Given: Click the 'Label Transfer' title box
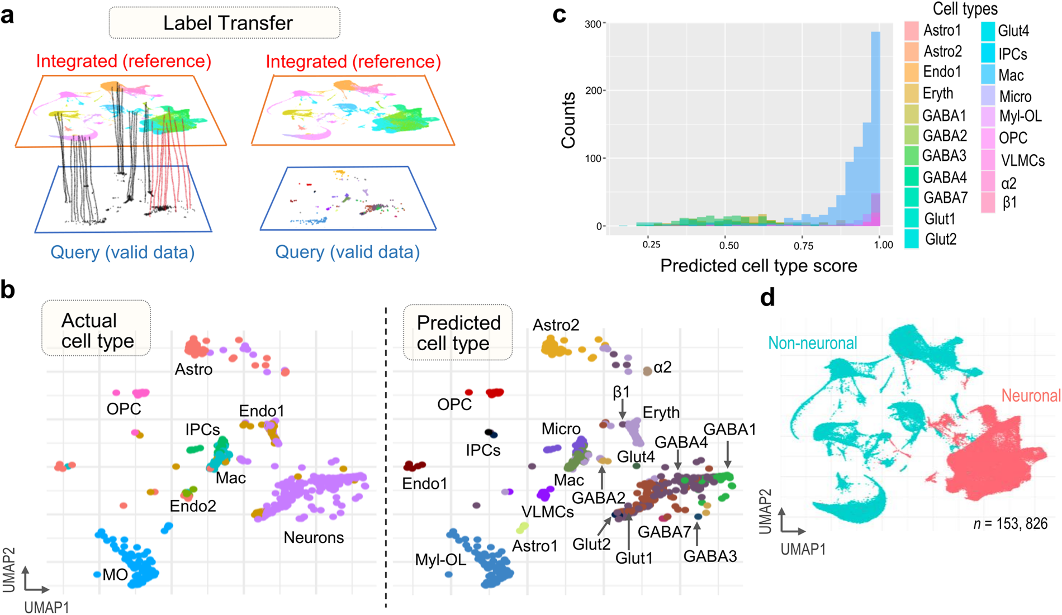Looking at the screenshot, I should pyautogui.click(x=225, y=23).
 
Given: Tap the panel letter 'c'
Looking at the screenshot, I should pyautogui.click(x=559, y=15).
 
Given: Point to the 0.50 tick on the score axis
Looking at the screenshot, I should pyautogui.click(x=729, y=245).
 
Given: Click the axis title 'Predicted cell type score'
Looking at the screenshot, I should pyautogui.click(x=758, y=266).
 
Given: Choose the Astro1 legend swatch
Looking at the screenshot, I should pyautogui.click(x=912, y=31).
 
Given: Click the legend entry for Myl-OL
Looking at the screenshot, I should pyautogui.click(x=1020, y=117).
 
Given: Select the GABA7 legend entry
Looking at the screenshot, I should pyautogui.click(x=945, y=198).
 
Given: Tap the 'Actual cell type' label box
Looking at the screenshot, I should pyautogui.click(x=96, y=330).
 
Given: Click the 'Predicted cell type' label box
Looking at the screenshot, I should pyautogui.click(x=458, y=332).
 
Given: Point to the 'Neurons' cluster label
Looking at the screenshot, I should pyautogui.click(x=314, y=537).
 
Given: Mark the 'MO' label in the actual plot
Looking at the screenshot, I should pyautogui.click(x=115, y=575).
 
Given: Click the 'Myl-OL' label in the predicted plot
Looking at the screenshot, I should pyautogui.click(x=440, y=559).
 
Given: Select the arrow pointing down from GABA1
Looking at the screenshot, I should pyautogui.click(x=728, y=455).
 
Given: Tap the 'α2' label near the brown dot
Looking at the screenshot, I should pyautogui.click(x=662, y=368).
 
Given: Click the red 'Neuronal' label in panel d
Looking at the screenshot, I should pyautogui.click(x=1031, y=396).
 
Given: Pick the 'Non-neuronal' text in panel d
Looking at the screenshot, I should pyautogui.click(x=812, y=343).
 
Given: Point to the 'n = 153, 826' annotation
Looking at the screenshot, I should pyautogui.click(x=1010, y=524).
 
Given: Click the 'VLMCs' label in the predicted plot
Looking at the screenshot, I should pyautogui.click(x=548, y=512).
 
